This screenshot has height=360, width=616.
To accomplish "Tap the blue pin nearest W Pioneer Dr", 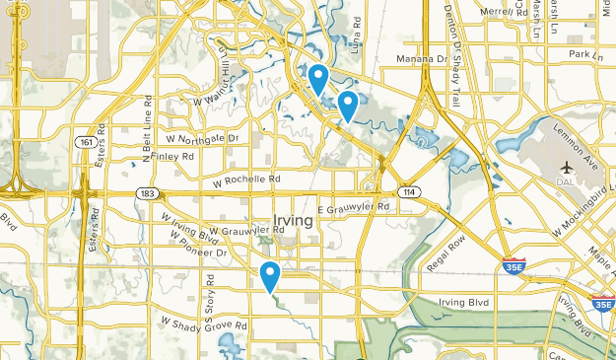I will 270,277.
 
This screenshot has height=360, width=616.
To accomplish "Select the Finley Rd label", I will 171,157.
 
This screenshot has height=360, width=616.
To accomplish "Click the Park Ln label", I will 584,55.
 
